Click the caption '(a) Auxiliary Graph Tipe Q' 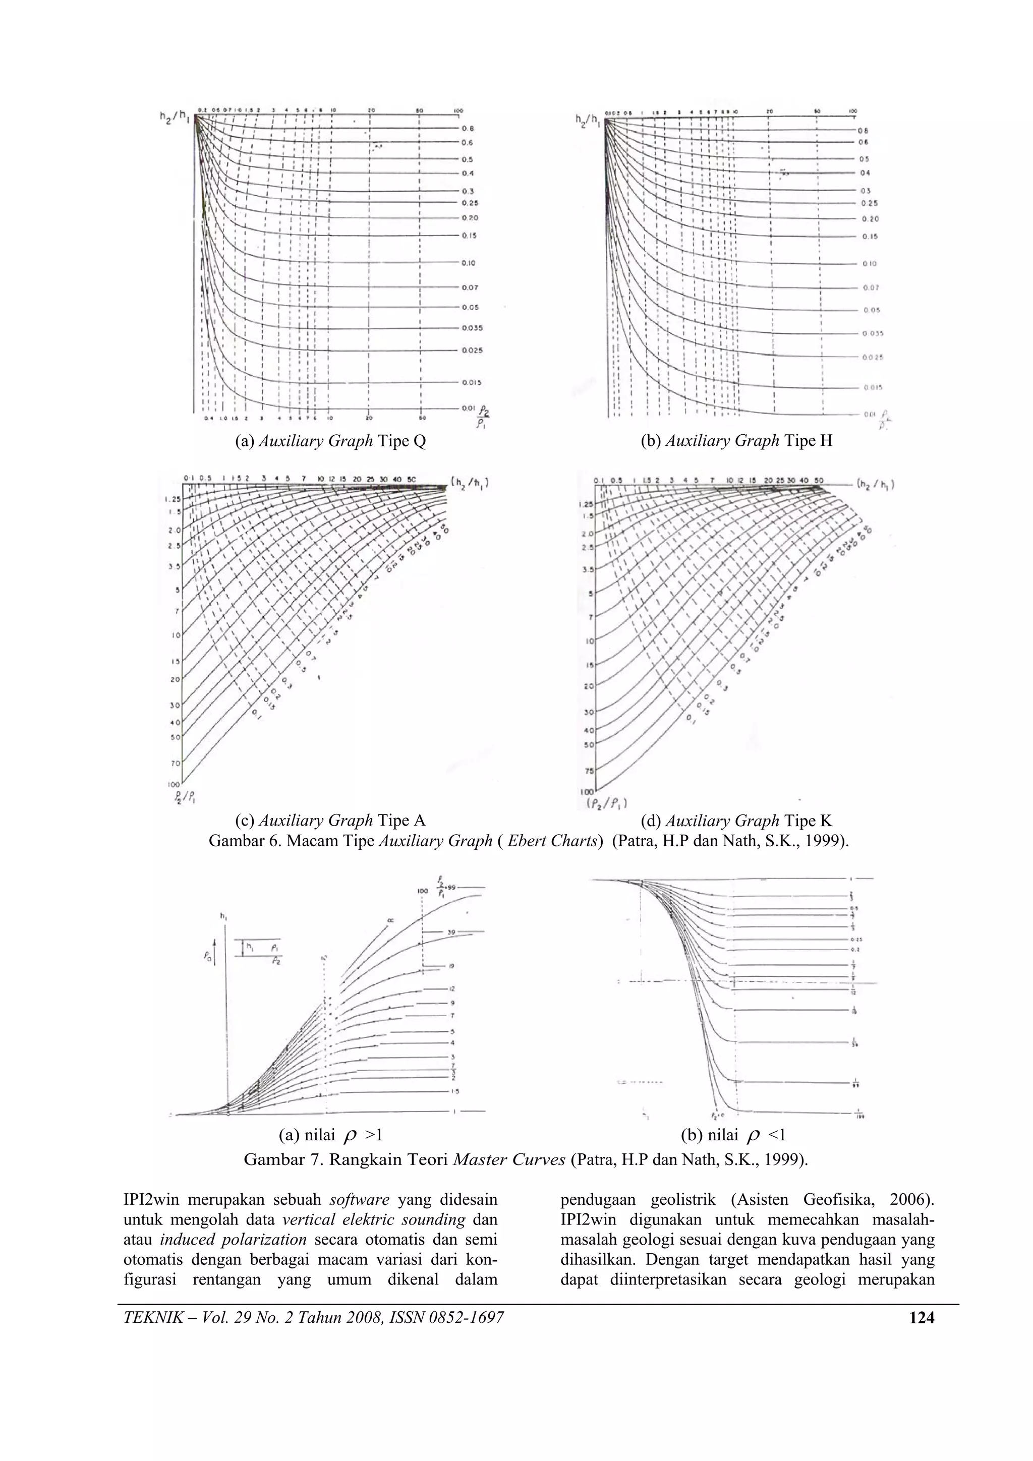tap(330, 441)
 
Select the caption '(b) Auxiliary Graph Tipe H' tap(736, 441)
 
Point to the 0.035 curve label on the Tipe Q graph tap(472, 328)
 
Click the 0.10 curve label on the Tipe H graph tap(870, 263)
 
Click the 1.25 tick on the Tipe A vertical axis tap(173, 499)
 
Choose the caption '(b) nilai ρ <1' tap(734, 1135)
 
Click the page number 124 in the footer tap(922, 1318)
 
